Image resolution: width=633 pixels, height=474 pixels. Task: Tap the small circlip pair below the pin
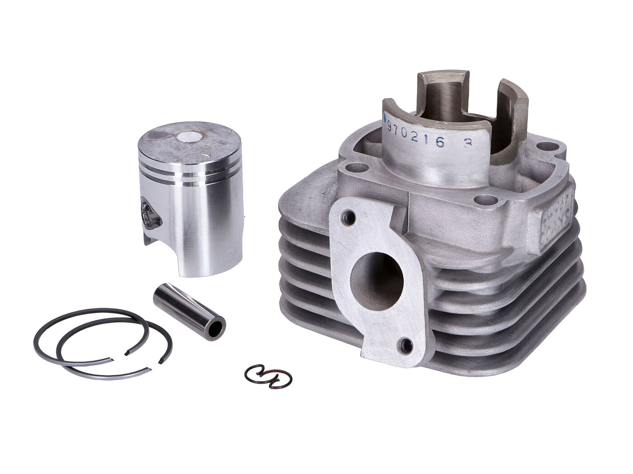pyautogui.click(x=268, y=376)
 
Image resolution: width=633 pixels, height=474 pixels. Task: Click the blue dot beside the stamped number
pyautogui.click(x=385, y=117)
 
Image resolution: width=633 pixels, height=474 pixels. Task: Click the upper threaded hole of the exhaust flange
pyautogui.click(x=347, y=216)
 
